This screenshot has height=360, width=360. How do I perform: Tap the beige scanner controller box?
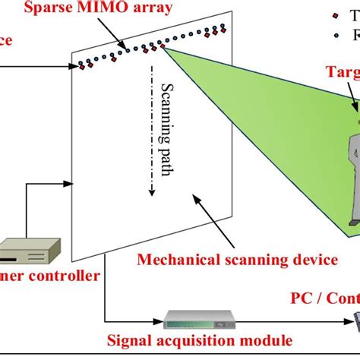pos(27,251)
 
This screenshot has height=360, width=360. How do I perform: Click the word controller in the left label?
pos(68,276)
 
